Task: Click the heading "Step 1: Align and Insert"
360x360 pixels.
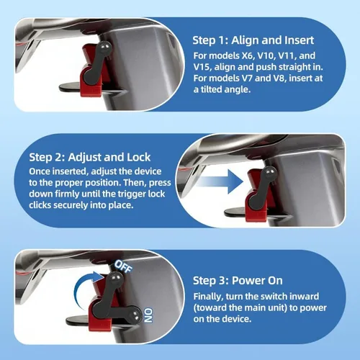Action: click(253, 40)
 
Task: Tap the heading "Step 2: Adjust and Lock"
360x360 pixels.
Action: click(90, 158)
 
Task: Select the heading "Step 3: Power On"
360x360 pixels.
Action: click(238, 281)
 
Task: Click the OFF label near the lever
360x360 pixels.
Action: click(123, 266)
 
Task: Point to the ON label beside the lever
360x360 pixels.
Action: click(148, 315)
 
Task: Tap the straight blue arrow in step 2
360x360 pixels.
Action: click(220, 181)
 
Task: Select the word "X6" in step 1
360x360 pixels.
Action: click(247, 55)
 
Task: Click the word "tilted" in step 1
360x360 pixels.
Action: click(211, 89)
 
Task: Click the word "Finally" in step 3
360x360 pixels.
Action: click(208, 297)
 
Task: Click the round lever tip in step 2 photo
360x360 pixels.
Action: click(271, 172)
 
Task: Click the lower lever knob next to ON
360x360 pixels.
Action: click(134, 315)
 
